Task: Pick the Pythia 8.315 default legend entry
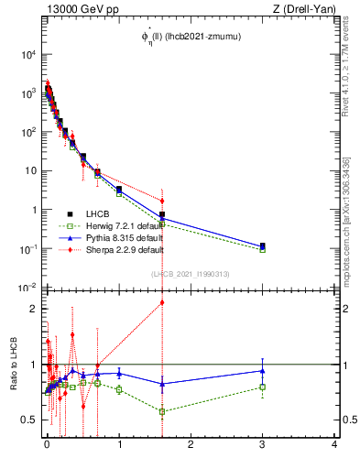[118, 237]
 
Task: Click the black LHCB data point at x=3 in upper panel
[263, 245]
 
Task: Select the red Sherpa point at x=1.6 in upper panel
[162, 201]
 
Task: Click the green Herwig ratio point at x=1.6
[162, 411]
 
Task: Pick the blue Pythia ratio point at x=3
[263, 370]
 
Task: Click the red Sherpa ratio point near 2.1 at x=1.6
[162, 302]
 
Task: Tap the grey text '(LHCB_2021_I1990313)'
[190, 273]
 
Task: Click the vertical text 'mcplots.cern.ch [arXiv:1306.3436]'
[347, 220]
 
